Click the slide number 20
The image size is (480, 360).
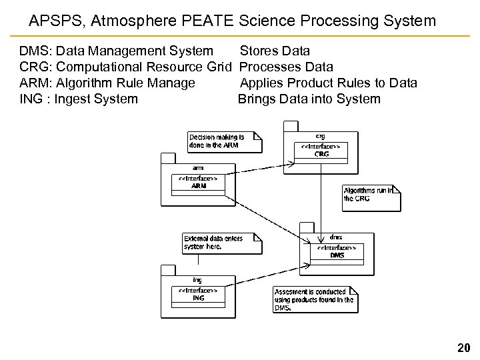click(x=463, y=347)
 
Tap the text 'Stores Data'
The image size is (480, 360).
click(x=274, y=51)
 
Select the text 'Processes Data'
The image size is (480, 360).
click(x=285, y=67)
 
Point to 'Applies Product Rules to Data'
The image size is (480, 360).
click(x=328, y=83)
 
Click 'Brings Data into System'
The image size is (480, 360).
click(x=309, y=99)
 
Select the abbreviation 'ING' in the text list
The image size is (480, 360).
click(x=31, y=99)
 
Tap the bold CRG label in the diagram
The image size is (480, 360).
click(x=322, y=154)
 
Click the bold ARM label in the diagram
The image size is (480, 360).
click(x=198, y=186)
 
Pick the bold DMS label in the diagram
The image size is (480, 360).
click(x=337, y=255)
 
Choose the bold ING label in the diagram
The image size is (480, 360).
click(x=198, y=298)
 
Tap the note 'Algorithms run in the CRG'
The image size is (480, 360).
click(x=368, y=194)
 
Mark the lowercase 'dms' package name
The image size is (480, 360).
click(x=337, y=237)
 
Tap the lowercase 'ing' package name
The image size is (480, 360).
click(x=197, y=280)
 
